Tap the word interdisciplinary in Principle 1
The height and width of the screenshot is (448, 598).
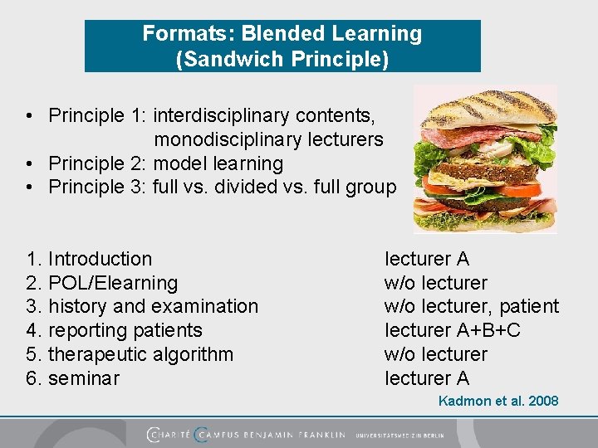(x=220, y=115)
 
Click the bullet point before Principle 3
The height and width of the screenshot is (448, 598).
(x=29, y=187)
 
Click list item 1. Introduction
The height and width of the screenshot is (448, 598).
(x=89, y=260)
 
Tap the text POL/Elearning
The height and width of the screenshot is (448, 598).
(x=113, y=284)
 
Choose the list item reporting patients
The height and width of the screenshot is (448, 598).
(x=125, y=331)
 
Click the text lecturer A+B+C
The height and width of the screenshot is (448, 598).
(x=453, y=331)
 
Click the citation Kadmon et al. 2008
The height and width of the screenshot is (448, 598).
(x=498, y=402)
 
